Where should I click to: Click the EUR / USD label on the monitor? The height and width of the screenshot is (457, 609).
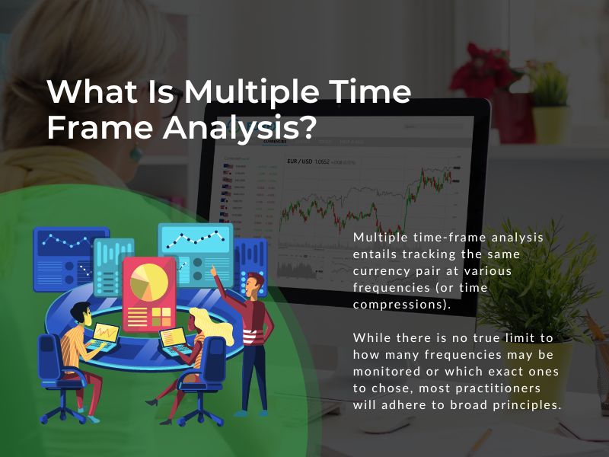tap(300, 161)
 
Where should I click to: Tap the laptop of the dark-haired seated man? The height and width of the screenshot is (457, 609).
tap(106, 333)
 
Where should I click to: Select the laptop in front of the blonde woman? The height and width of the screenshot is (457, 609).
tap(173, 336)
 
